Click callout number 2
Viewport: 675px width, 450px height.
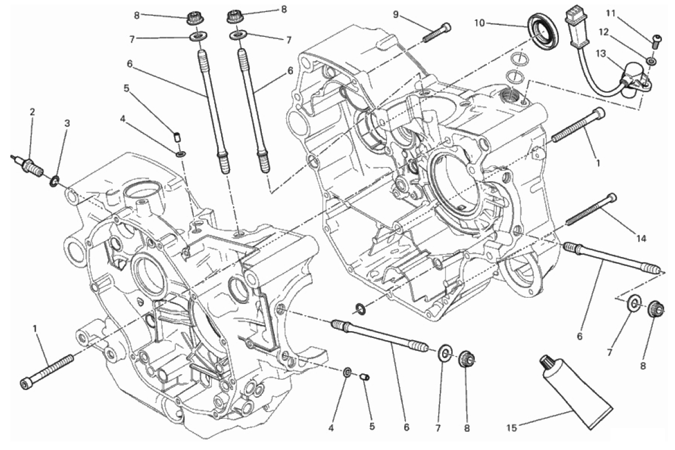(x=32, y=112)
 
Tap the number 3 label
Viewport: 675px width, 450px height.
(x=67, y=123)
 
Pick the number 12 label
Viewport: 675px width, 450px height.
(x=604, y=32)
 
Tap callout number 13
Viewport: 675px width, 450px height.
(x=600, y=53)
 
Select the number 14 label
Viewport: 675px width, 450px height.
(x=640, y=239)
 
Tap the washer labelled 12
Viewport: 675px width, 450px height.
(x=652, y=59)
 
